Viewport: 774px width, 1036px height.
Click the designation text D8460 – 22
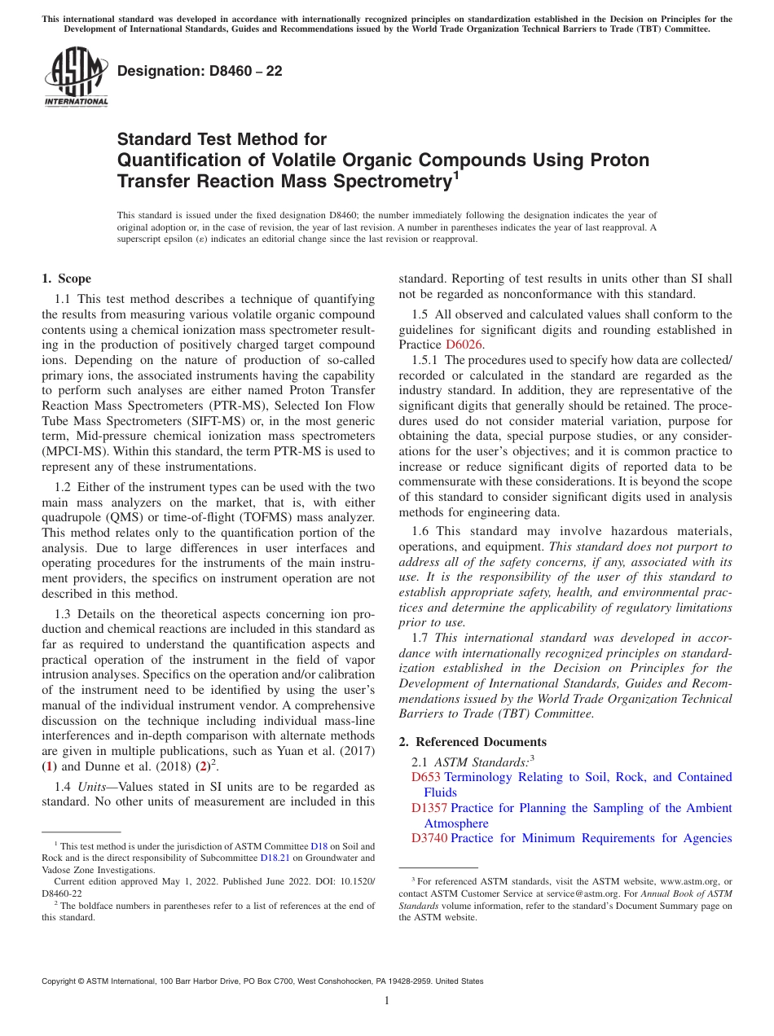click(200, 72)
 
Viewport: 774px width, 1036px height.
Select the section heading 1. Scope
click(67, 279)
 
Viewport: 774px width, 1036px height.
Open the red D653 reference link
click(426, 777)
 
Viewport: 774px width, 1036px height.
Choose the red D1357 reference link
click(429, 808)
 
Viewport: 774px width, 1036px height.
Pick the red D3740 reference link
click(429, 838)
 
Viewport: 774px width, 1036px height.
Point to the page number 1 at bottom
click(387, 1000)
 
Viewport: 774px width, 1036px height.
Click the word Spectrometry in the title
click(395, 181)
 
